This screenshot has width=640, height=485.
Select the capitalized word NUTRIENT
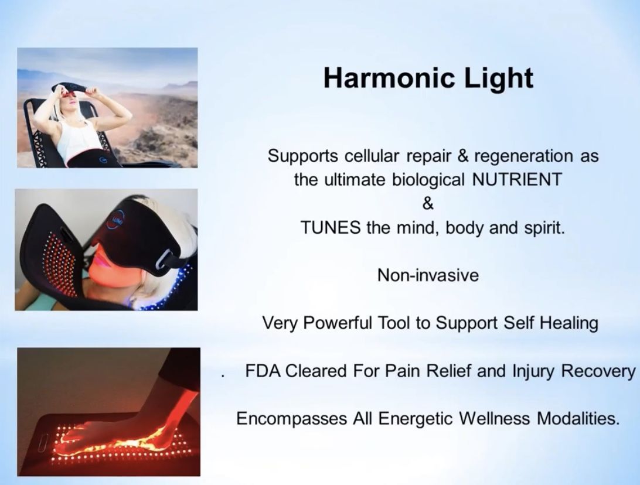[x=517, y=179]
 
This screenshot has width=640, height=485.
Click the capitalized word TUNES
[x=331, y=227]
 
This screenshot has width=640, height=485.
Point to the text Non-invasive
[x=428, y=275]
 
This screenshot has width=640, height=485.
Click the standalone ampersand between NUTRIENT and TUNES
[x=428, y=203]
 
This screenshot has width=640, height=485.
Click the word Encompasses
[x=291, y=419]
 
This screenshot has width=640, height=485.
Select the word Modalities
[x=578, y=418]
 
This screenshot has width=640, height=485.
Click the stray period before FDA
[x=223, y=376]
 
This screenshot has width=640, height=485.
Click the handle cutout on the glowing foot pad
[x=43, y=443]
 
